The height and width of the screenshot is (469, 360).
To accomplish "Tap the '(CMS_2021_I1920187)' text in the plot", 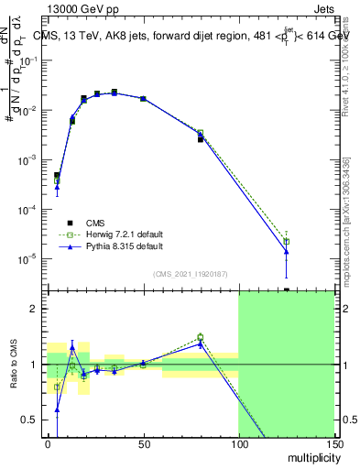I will [190, 273].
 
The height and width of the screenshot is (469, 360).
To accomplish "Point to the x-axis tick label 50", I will [143, 443].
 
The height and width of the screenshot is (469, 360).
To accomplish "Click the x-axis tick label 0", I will [48, 443].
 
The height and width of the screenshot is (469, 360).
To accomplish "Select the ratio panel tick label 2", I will [34, 309].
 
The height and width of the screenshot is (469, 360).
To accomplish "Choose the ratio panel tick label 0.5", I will [30, 420].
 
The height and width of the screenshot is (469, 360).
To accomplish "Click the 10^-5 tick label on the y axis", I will [27, 259].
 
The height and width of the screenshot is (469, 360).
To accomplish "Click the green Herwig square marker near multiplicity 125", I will [287, 242].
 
